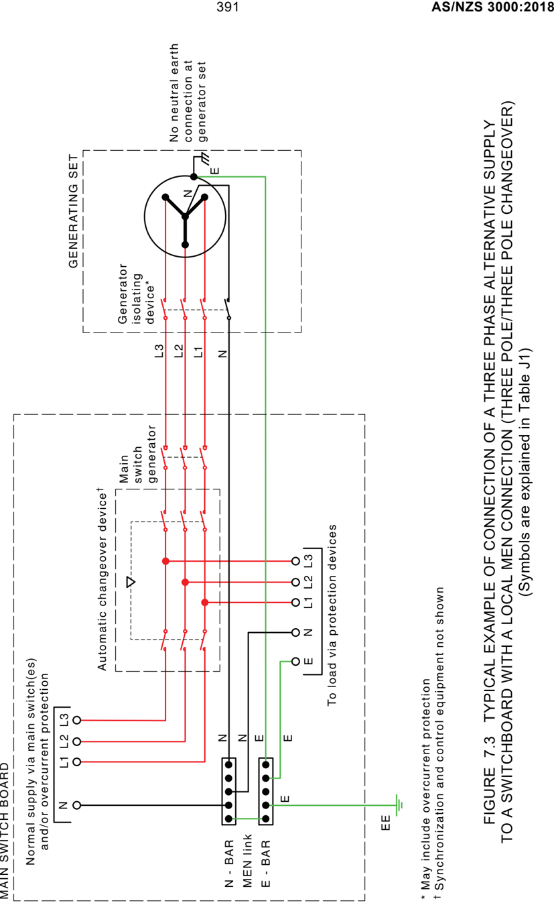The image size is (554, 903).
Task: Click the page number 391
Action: click(228, 7)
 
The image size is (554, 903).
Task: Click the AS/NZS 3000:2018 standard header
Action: click(492, 7)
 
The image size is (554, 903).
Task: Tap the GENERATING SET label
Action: click(73, 211)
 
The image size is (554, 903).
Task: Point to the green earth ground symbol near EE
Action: click(399, 805)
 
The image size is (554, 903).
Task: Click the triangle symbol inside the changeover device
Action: click(131, 582)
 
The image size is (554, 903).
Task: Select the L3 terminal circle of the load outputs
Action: click(295, 560)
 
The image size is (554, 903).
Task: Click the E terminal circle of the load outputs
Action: click(295, 661)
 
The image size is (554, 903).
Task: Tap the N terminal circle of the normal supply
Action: click(76, 805)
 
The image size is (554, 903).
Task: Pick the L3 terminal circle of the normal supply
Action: click(76, 720)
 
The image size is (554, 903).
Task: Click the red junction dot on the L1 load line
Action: click(205, 602)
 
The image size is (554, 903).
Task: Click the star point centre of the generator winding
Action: click(185, 217)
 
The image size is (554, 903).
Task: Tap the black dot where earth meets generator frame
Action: click(194, 176)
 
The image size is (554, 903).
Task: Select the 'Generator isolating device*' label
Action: click(136, 294)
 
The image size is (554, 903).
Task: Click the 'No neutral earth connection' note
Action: click(188, 93)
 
